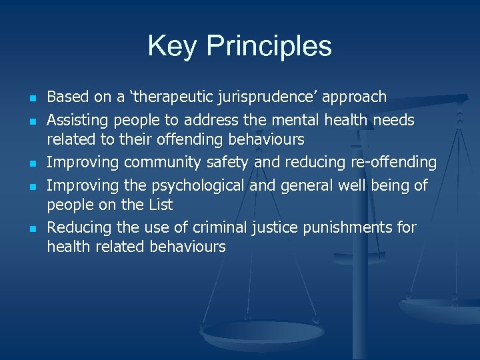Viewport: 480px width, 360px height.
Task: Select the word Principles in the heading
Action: click(269, 47)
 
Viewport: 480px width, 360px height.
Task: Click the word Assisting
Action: click(79, 121)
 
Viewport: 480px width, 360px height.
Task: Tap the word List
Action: click(159, 205)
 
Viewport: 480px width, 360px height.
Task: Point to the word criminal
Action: click(215, 227)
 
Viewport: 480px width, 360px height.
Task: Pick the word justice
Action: click(275, 227)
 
